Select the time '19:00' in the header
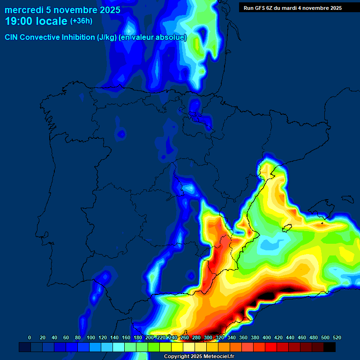click(x=19, y=21)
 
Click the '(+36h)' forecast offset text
click(x=81, y=21)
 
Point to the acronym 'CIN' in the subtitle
click(x=11, y=37)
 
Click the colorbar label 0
click(x=30, y=338)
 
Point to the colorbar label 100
click(x=91, y=338)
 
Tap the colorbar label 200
click(x=150, y=338)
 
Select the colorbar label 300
click(x=208, y=338)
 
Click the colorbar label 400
click(x=267, y=338)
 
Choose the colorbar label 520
click(x=337, y=338)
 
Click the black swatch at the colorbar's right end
click(x=330, y=347)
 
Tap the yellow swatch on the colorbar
click(x=177, y=347)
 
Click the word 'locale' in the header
click(x=51, y=21)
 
